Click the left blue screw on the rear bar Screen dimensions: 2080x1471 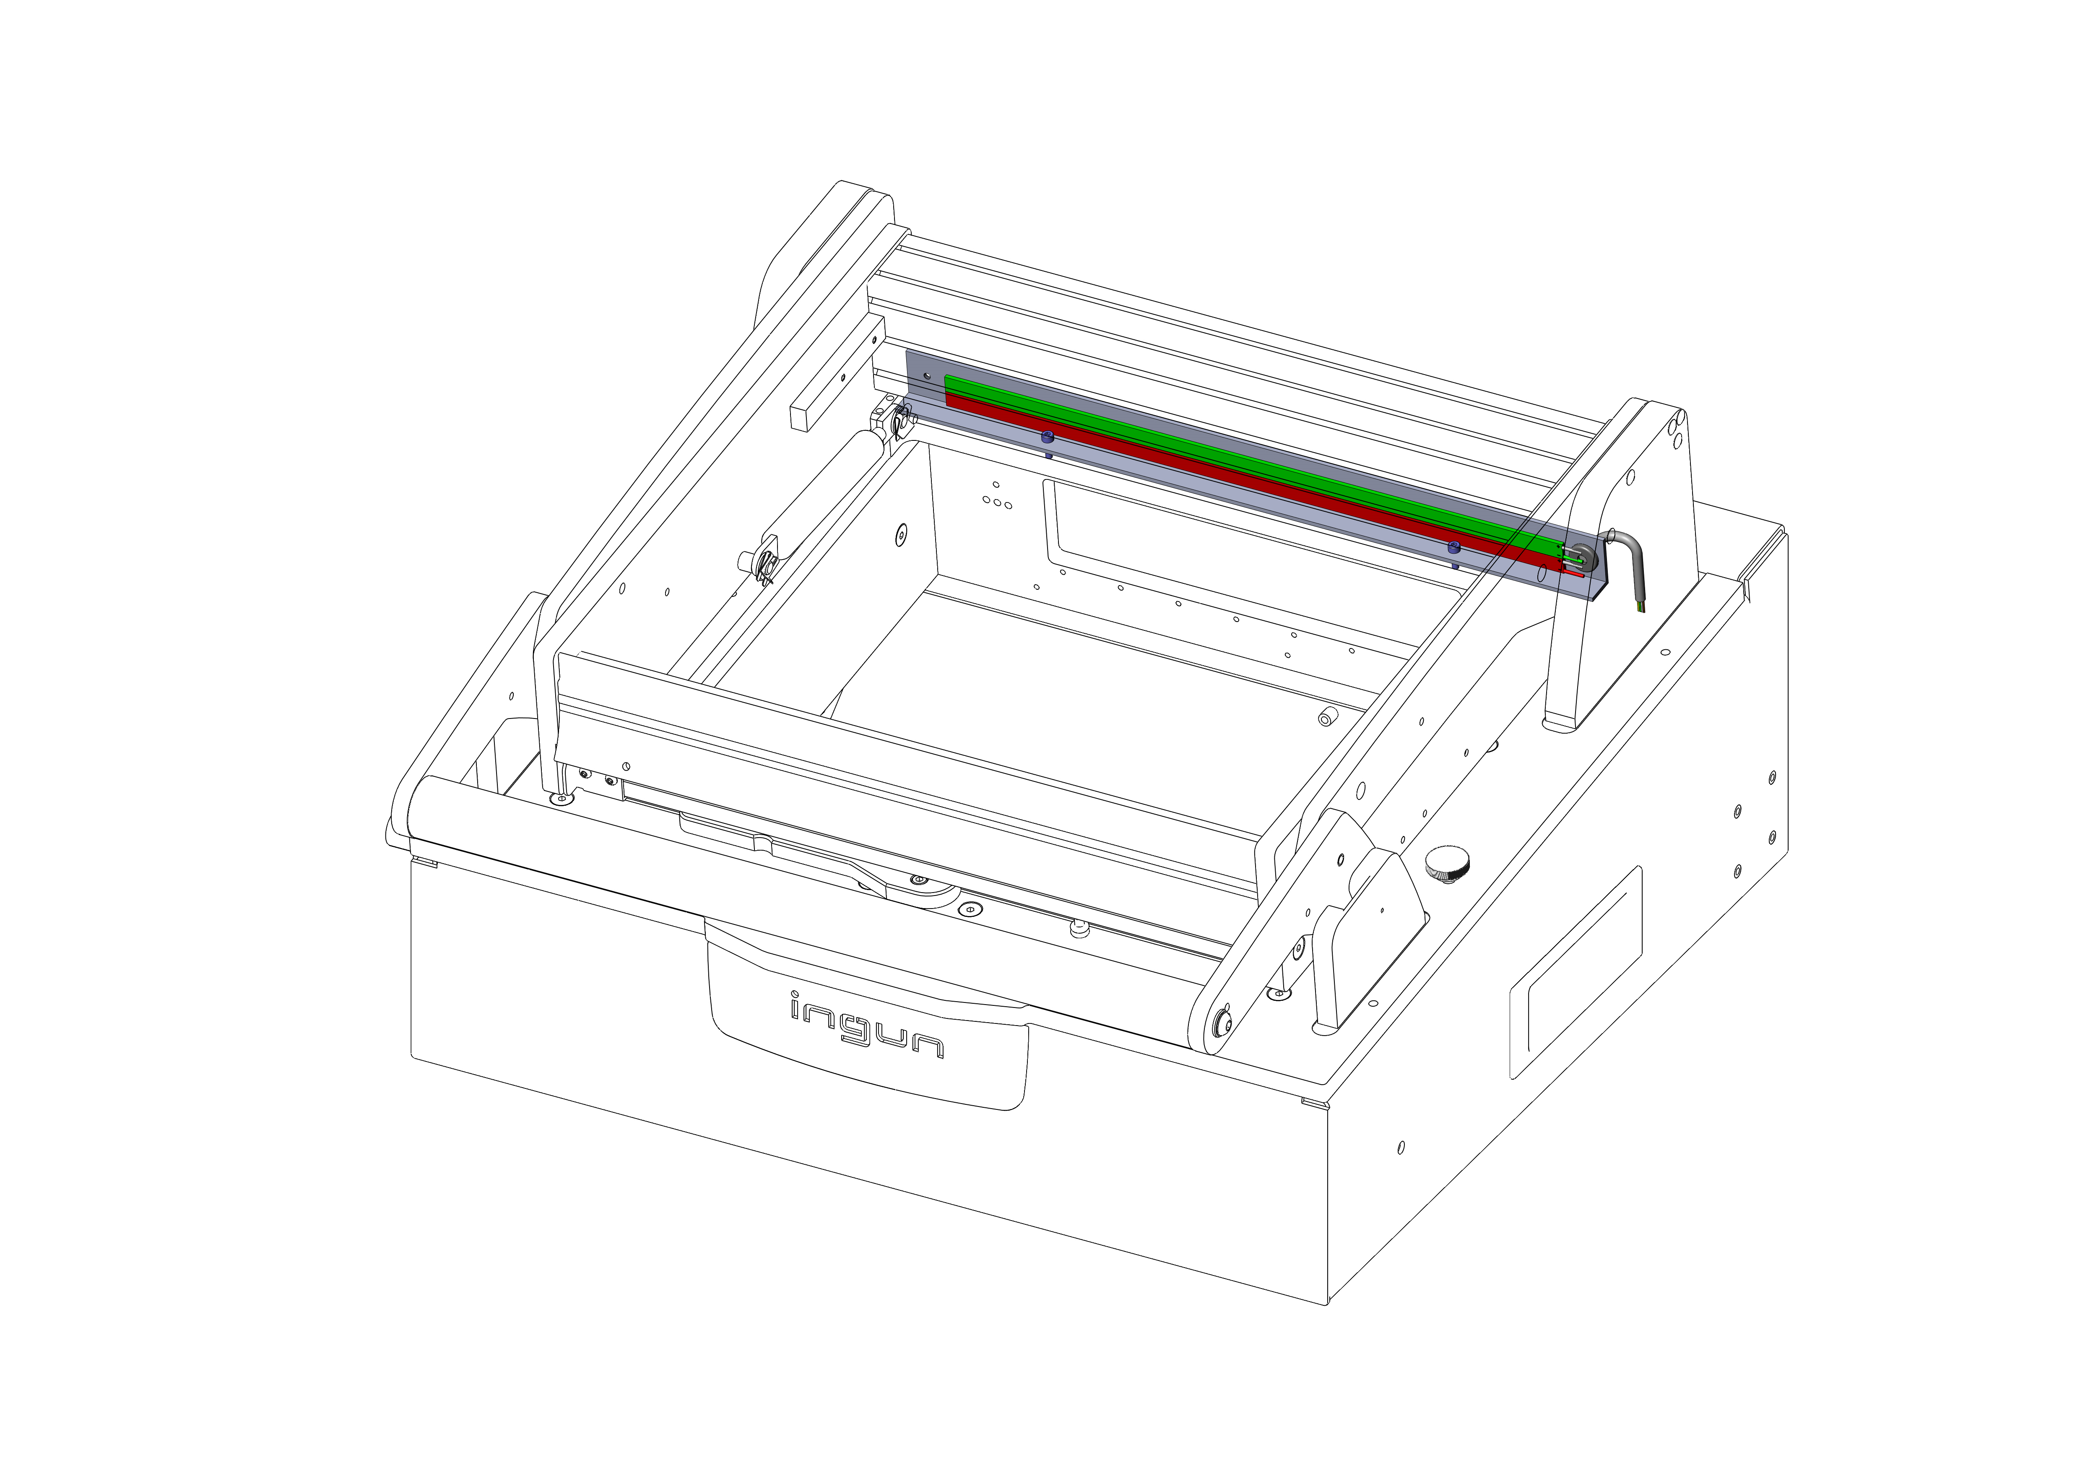[x=1048, y=438]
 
